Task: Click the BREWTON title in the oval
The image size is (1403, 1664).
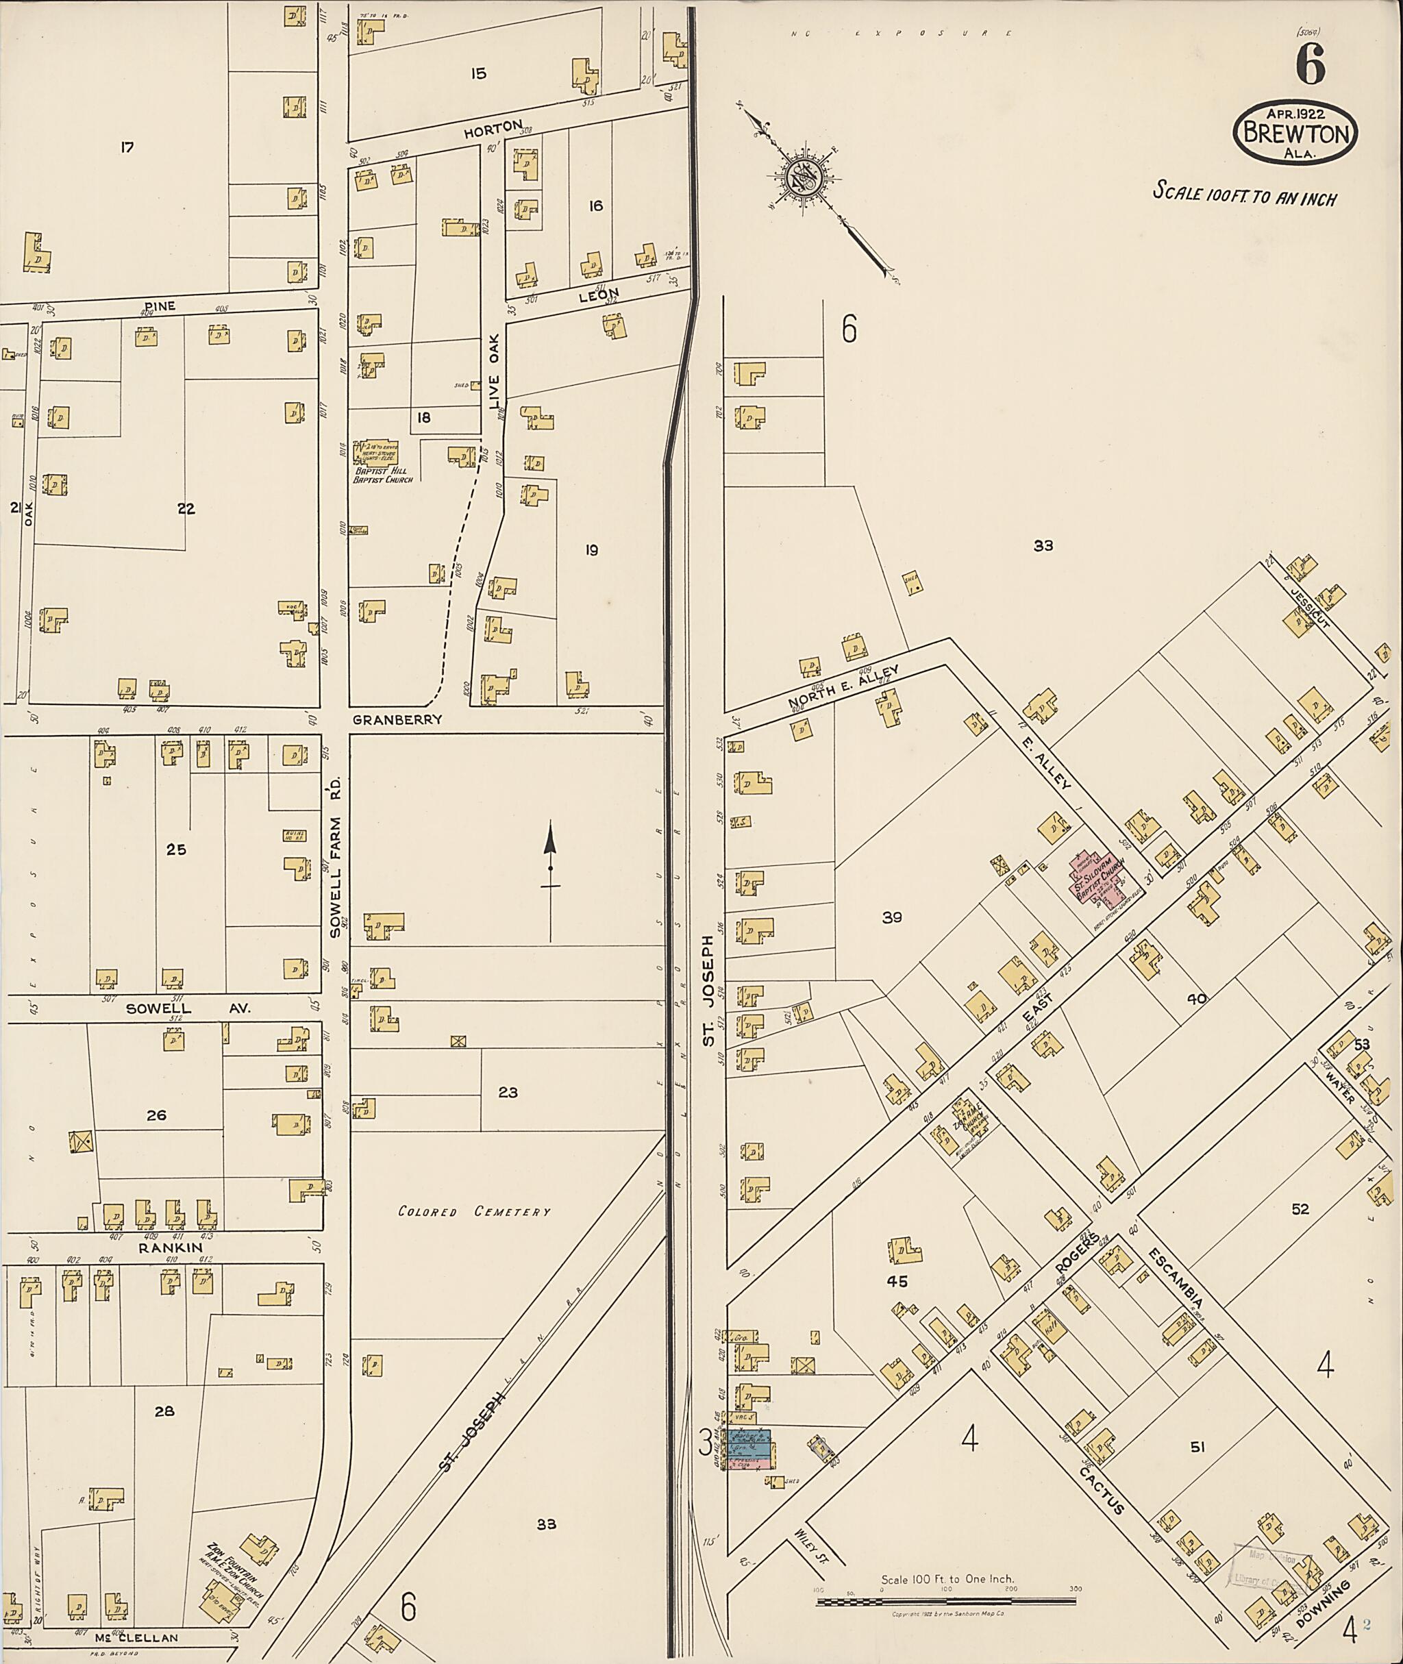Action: [x=1295, y=134]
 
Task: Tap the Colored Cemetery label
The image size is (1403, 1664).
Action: [x=474, y=1211]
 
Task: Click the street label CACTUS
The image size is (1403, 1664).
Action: [x=1102, y=1490]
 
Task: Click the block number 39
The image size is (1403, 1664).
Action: [x=891, y=917]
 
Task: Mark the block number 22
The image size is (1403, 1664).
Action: [x=186, y=509]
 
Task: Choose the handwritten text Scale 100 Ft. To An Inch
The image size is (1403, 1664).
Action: [x=1244, y=193]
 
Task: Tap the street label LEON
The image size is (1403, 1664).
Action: [x=598, y=295]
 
